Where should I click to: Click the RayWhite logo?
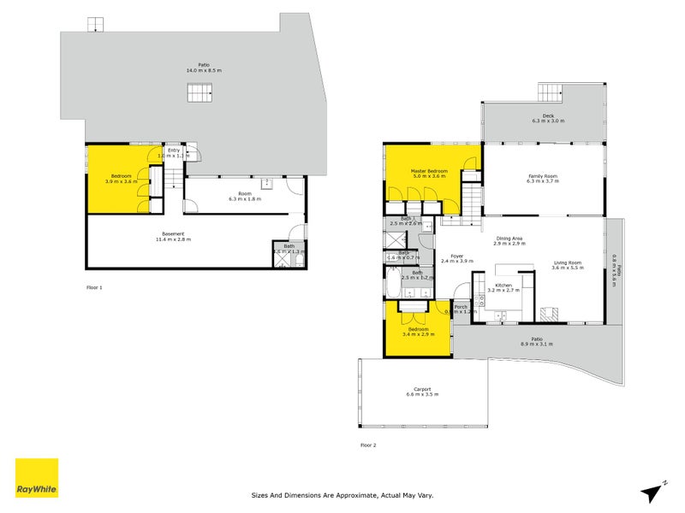pos(37,478)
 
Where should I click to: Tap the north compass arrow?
pos(652,491)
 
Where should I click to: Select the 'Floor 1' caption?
pos(94,288)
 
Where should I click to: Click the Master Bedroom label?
pos(428,171)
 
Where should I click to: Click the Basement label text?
pos(174,234)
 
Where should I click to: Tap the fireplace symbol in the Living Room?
pos(554,312)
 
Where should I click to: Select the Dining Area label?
pos(508,239)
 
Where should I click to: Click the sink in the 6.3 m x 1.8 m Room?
pos(268,183)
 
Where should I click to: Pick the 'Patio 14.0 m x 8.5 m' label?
pos(200,68)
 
